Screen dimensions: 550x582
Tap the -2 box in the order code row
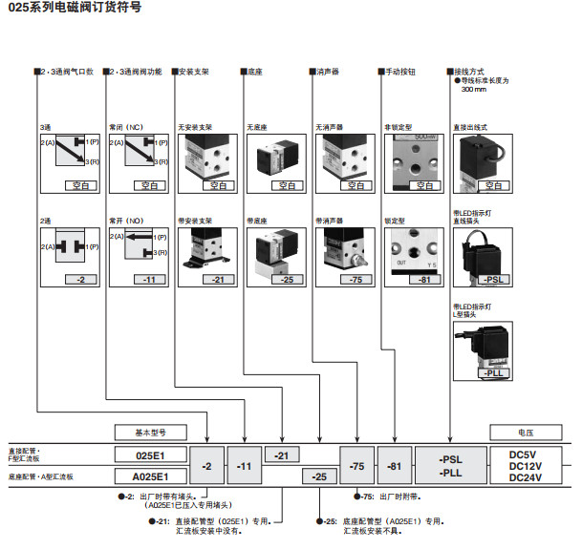207,465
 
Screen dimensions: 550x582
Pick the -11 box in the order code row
244,465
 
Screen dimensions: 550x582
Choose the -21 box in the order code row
281,455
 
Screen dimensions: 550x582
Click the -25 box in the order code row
319,476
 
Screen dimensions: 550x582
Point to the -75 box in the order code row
356,465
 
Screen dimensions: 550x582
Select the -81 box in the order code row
393,465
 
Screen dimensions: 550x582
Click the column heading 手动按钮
399,72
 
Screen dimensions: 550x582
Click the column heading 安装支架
194,72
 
